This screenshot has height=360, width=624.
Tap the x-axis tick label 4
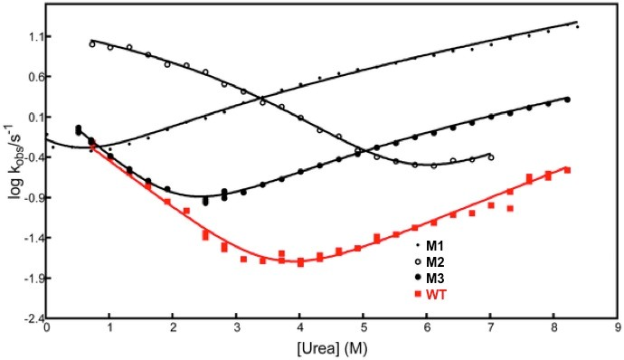click(299, 329)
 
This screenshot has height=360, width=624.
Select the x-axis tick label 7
click(490, 329)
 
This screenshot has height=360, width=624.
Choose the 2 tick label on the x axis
click(173, 329)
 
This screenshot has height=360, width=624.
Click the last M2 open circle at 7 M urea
click(491, 156)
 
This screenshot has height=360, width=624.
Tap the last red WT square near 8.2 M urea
click(567, 170)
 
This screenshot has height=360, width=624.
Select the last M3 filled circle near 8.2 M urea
click(567, 99)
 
